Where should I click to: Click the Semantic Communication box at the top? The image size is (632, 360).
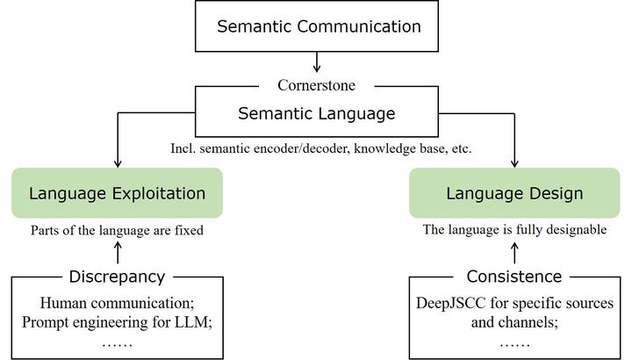tap(319, 26)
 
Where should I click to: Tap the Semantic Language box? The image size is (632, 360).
tap(317, 113)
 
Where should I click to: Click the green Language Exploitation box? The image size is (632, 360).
tap(118, 193)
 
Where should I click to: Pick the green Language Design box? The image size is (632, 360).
tap(514, 193)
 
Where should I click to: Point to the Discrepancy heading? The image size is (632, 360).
tap(118, 277)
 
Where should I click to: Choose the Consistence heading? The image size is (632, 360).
tap(514, 277)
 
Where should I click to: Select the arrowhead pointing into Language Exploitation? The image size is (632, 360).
tap(118, 163)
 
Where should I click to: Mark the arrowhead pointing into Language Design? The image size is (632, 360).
tap(514, 163)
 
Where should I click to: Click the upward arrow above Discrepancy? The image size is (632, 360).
tap(118, 252)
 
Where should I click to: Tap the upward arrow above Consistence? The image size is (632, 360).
tap(514, 252)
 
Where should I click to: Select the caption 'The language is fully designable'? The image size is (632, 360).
tap(514, 230)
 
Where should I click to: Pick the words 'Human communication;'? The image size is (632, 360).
tap(118, 303)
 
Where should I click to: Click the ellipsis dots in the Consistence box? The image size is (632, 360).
tap(514, 343)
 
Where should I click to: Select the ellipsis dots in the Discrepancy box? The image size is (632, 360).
tap(118, 342)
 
